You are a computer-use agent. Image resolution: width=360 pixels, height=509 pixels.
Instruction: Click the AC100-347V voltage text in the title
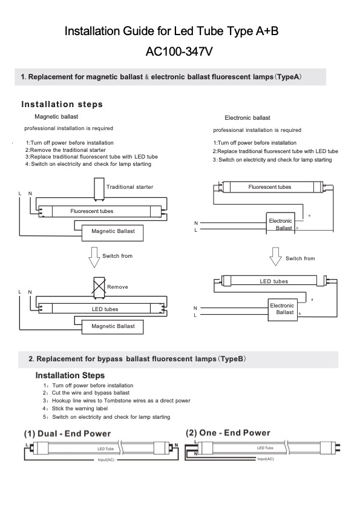point(179,51)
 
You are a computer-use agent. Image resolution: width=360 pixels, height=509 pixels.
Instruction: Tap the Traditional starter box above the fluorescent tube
point(99,189)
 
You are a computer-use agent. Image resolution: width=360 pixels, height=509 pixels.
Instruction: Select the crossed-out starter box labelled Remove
point(99,287)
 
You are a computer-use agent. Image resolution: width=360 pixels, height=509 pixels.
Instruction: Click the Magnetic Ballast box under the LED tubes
point(113,327)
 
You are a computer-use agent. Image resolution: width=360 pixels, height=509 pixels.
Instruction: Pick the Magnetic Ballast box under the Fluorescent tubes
point(113,233)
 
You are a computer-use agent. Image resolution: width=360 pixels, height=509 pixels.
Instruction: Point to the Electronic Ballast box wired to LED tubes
point(283,310)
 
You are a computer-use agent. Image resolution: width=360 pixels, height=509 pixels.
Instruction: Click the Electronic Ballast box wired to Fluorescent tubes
point(281,222)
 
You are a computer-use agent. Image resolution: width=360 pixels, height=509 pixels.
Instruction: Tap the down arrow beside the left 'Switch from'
point(94,257)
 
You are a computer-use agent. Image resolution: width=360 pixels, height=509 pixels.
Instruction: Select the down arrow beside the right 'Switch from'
point(276,257)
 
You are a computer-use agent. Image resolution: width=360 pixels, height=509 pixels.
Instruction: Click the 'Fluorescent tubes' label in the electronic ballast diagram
point(269,187)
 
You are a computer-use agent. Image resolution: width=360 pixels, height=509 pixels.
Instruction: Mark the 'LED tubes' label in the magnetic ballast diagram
point(105,309)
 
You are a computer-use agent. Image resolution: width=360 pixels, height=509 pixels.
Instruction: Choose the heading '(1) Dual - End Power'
point(68,434)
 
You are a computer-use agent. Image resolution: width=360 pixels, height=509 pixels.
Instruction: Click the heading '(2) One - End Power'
point(228,433)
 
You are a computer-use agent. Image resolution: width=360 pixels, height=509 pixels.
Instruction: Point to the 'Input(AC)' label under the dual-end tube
point(106,460)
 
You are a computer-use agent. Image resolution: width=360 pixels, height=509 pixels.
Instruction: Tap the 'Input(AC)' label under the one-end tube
point(266,459)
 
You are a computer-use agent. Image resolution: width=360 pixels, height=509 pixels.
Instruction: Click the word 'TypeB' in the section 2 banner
point(232,359)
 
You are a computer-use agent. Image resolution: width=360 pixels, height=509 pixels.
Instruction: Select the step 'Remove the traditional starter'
point(68,150)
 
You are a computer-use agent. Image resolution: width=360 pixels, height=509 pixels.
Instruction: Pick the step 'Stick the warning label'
point(80,409)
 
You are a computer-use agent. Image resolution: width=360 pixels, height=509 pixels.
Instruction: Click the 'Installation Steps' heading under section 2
point(70,376)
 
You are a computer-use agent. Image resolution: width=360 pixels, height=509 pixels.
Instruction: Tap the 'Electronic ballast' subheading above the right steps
point(247,118)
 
